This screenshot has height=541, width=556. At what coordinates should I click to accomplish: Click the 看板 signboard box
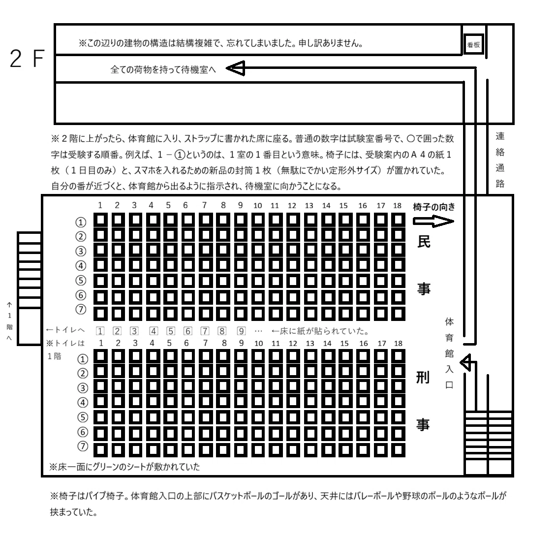474,44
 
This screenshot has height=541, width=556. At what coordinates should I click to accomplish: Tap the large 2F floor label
27,59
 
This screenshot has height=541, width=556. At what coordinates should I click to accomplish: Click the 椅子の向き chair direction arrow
433,222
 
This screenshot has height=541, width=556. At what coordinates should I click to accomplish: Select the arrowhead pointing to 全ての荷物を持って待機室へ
235,68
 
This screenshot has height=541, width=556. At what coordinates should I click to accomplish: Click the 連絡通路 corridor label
500,160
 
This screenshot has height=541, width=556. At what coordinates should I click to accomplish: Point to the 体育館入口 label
449,353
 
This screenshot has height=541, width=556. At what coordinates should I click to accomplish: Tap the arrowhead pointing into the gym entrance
465,362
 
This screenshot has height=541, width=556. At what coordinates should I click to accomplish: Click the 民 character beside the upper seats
424,241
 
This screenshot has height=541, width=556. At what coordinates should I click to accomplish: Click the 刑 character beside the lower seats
423,378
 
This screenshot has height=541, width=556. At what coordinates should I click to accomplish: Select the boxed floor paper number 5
171,331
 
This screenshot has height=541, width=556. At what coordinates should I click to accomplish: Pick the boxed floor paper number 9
241,331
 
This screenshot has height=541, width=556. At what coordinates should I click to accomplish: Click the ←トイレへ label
65,330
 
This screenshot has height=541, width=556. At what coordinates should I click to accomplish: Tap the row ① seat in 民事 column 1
101,220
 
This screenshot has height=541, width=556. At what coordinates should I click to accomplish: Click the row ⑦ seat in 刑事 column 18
398,450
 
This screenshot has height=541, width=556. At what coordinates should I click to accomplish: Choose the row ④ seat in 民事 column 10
258,265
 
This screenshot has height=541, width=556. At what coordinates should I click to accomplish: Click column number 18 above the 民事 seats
397,205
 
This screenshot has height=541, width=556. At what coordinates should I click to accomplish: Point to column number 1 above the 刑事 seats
101,343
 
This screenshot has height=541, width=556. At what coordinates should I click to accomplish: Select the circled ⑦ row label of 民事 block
81,310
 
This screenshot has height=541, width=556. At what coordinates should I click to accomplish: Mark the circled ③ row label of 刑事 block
83,388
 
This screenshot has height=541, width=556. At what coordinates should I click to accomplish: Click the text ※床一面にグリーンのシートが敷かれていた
124,467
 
